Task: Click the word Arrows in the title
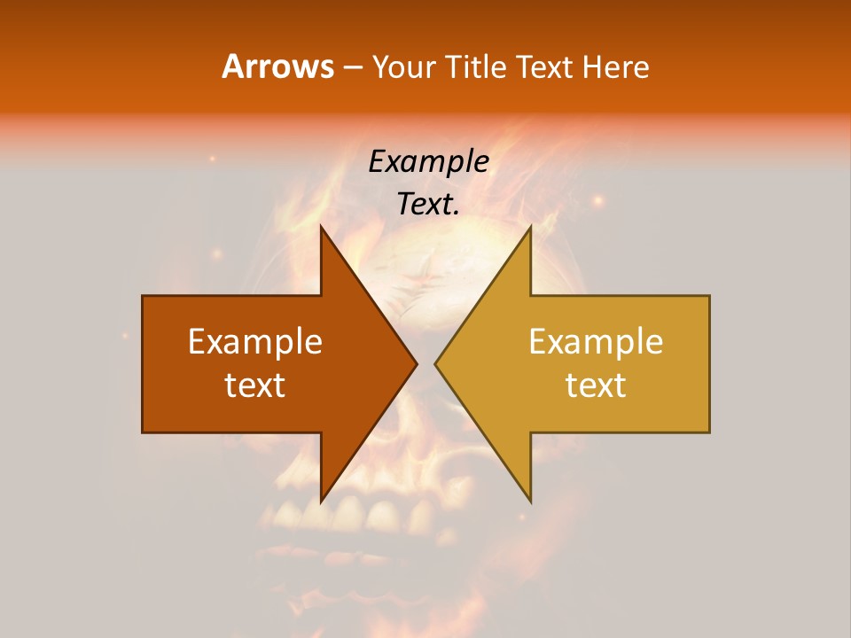pyautogui.click(x=277, y=66)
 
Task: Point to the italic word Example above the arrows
pyautogui.click(x=428, y=161)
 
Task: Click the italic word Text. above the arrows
pyautogui.click(x=428, y=205)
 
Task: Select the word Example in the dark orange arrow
pyautogui.click(x=255, y=342)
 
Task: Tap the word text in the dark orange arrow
pyautogui.click(x=255, y=385)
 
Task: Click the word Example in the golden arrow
pyautogui.click(x=596, y=342)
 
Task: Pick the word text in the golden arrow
pyautogui.click(x=596, y=385)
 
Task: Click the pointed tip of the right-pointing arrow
pyautogui.click(x=417, y=363)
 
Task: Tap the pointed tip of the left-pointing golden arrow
pyautogui.click(x=435, y=363)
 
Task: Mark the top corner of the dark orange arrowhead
pyautogui.click(x=321, y=227)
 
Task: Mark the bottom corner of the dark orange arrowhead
pyautogui.click(x=321, y=501)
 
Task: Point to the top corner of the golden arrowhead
pyautogui.click(x=530, y=227)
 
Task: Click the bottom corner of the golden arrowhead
pyautogui.click(x=530, y=501)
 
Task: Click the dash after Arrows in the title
pyautogui.click(x=352, y=67)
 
